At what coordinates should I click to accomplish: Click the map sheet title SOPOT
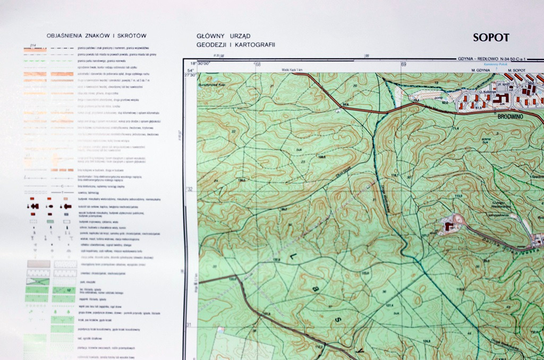tap(491, 38)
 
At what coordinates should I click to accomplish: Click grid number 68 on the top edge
tap(258, 65)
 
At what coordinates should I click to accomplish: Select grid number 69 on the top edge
tap(404, 65)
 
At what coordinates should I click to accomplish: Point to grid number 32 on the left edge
tap(189, 189)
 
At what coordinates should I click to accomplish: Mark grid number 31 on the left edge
tap(189, 325)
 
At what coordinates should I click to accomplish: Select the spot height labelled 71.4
tap(455, 128)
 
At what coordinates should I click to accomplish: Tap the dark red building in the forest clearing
tap(450, 227)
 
